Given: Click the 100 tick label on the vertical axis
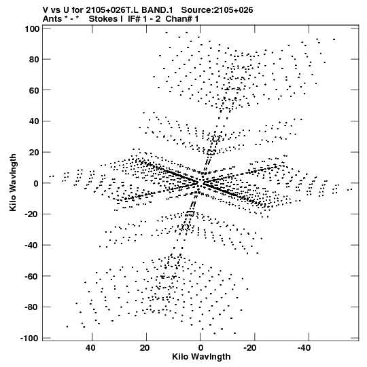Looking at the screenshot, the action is (x=32, y=29).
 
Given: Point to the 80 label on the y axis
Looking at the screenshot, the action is (x=34, y=60).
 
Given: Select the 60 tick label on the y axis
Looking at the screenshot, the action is (x=34, y=90).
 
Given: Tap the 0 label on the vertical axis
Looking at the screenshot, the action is (x=36, y=183).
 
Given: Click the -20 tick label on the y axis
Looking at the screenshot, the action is (x=32, y=214).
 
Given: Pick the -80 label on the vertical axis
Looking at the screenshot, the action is (x=32, y=307).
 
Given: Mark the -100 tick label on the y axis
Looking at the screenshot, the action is (x=29, y=339).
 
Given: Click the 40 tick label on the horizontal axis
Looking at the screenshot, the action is (x=90, y=348).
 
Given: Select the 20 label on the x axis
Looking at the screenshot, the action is (x=145, y=348).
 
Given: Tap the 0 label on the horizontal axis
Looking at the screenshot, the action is (x=200, y=348).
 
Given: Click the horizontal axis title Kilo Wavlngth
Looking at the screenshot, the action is (x=201, y=357).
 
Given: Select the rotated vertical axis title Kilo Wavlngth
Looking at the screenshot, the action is (x=13, y=182).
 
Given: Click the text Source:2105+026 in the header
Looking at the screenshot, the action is (x=217, y=10).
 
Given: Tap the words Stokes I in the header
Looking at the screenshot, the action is (x=106, y=19).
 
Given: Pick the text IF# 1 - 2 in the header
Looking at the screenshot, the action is (x=145, y=19).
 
